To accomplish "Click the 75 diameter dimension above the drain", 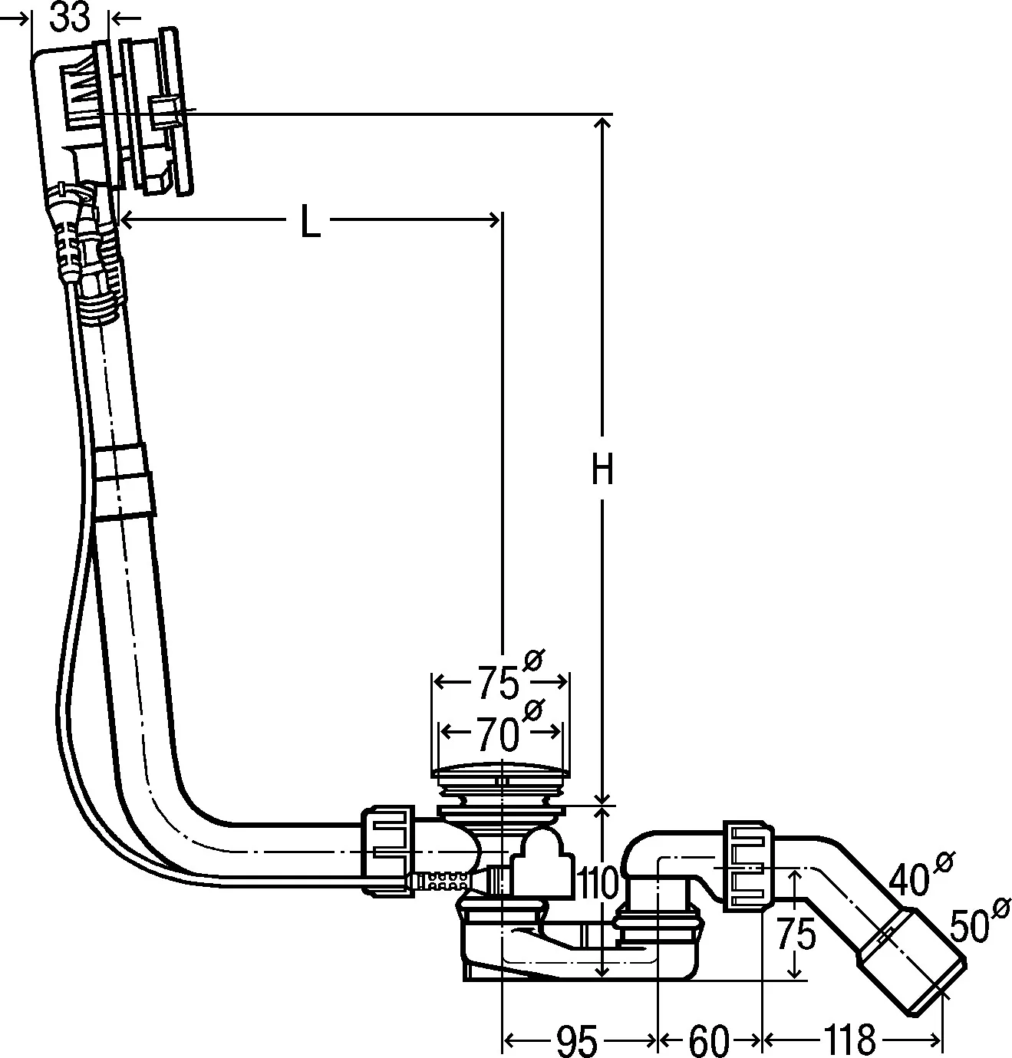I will [499, 683].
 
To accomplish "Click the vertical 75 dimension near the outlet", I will [795, 935].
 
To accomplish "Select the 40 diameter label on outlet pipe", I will [911, 880].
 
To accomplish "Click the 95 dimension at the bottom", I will [576, 1040].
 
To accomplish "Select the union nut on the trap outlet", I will [749, 865].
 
